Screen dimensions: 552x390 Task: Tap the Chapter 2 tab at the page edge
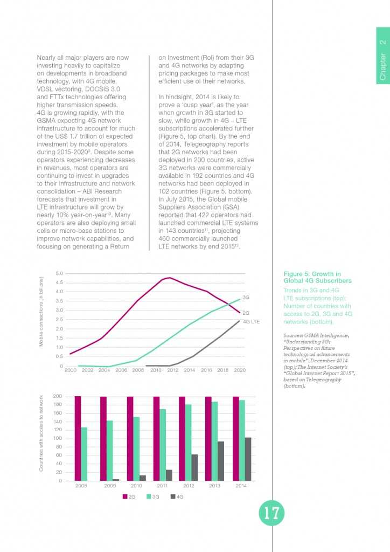pyautogui.click(x=382, y=62)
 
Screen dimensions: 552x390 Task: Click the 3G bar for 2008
pyautogui.click(x=84, y=453)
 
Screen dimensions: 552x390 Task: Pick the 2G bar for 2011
pyautogui.click(x=156, y=438)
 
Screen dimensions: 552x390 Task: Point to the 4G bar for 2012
pyautogui.click(x=194, y=467)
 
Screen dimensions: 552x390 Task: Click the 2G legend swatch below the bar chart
pyautogui.click(x=125, y=496)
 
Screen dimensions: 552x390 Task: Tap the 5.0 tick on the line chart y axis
pyautogui.click(x=60, y=273)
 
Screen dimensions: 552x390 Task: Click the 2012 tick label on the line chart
pyautogui.click(x=172, y=371)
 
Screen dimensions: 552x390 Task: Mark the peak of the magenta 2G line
pyautogui.click(x=170, y=278)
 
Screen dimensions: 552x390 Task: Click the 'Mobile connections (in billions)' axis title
pyautogui.click(x=41, y=312)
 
